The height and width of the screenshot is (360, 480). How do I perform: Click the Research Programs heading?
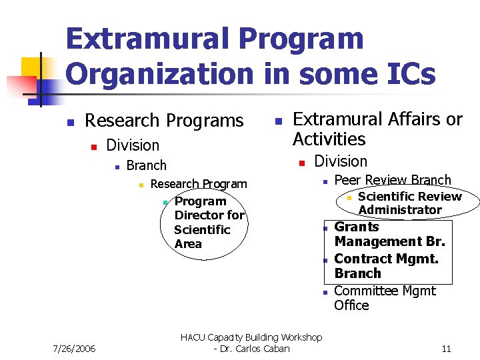164,121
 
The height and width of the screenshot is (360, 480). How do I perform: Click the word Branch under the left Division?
146,165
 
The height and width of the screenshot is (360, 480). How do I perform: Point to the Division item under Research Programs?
133,145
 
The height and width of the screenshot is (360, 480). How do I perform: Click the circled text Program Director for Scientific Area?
208,222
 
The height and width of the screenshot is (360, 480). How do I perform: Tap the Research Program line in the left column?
198,184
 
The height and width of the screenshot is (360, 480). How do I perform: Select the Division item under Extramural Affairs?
340,161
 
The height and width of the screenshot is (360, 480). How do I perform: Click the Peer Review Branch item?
392,180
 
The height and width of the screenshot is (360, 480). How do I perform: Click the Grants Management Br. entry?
389,234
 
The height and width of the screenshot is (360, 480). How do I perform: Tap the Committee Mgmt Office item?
384,298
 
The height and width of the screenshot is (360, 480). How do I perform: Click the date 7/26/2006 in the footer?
73,349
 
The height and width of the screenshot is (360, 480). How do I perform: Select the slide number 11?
446,349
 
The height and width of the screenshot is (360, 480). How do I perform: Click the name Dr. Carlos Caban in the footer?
257,349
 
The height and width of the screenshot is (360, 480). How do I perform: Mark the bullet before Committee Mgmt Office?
323,293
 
